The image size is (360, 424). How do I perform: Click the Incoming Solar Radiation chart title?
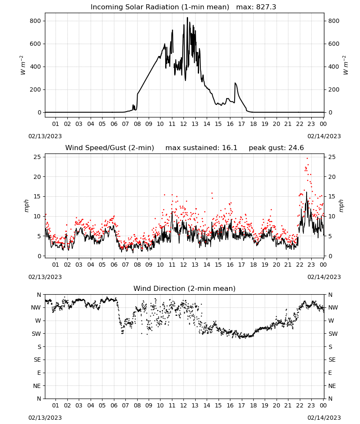(160, 7)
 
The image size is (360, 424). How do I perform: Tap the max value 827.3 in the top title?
(266, 7)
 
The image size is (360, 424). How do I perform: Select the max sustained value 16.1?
(230, 148)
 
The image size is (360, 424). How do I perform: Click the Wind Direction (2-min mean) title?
(185, 288)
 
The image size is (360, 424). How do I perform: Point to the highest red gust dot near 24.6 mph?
(307, 159)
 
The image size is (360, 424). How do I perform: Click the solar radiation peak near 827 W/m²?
(188, 18)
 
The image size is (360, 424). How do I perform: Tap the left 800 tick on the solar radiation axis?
(36, 21)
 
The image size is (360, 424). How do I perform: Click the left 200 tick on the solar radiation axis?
(36, 89)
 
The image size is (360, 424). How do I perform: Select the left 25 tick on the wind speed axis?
(38, 157)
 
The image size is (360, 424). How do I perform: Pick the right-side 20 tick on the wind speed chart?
(332, 177)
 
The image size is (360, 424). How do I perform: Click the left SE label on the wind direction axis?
(37, 360)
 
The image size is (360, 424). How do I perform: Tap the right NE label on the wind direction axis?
(332, 386)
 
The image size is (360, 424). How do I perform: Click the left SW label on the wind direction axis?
(36, 334)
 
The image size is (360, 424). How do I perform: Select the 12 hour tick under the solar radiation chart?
(183, 124)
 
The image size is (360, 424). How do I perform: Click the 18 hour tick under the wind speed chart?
(253, 265)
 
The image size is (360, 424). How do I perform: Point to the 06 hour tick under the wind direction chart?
(114, 405)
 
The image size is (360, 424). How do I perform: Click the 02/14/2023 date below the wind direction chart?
(324, 418)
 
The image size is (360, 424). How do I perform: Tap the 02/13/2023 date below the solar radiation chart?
(45, 136)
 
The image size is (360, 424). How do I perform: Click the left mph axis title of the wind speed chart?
(26, 206)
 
